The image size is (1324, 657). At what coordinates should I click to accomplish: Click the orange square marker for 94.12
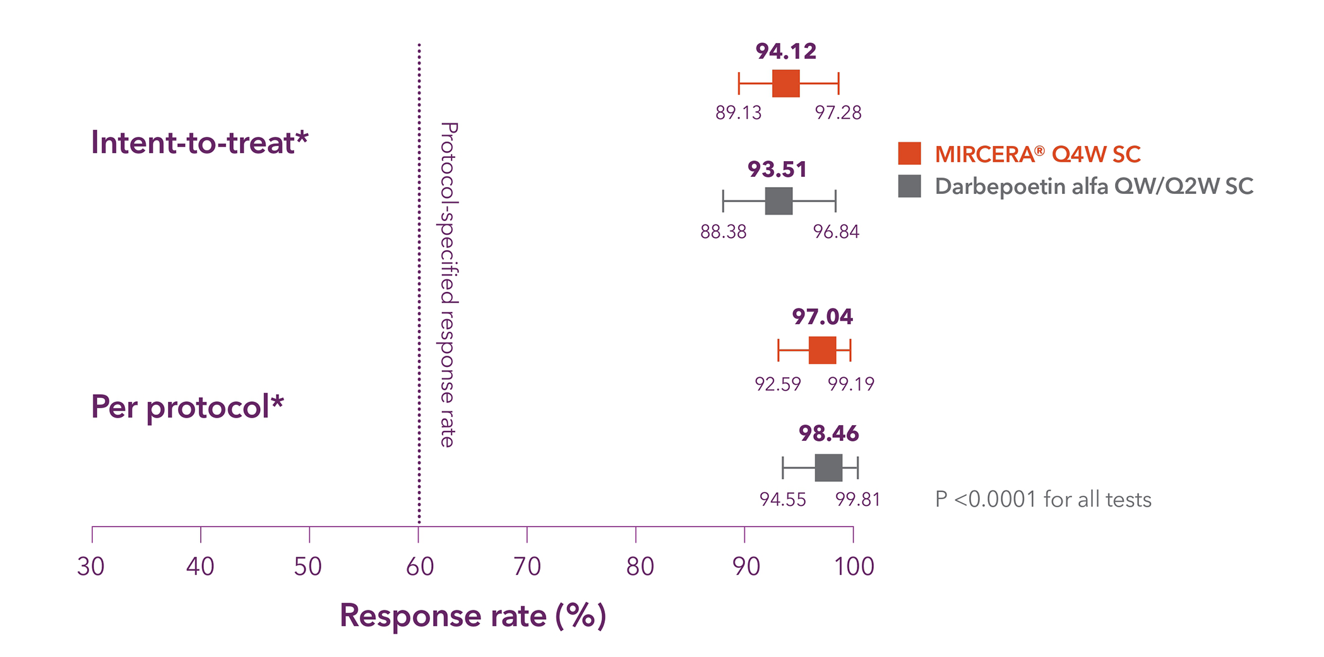785,83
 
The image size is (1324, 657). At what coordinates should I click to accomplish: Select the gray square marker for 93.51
778,201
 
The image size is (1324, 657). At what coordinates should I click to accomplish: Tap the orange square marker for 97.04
822,350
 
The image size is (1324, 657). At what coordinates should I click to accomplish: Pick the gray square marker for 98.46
828,467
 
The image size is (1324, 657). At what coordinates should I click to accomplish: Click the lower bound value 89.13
738,113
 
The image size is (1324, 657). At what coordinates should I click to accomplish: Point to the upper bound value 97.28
838,113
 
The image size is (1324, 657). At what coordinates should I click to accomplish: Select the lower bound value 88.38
723,232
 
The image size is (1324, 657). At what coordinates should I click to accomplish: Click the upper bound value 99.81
857,500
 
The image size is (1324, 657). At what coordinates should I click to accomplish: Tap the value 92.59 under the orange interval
777,384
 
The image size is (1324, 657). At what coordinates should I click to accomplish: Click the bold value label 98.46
828,433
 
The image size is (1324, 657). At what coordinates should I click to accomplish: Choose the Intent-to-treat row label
200,142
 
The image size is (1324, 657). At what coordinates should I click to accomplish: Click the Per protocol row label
188,406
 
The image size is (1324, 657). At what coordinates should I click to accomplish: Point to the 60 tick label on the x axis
419,567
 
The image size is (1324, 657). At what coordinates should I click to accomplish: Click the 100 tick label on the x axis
854,567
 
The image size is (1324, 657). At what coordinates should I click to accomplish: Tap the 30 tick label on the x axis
91,567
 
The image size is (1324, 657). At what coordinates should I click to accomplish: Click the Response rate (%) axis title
472,615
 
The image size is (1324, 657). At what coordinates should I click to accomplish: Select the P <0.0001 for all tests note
1042,500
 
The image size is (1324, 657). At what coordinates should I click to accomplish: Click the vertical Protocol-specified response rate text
448,284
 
